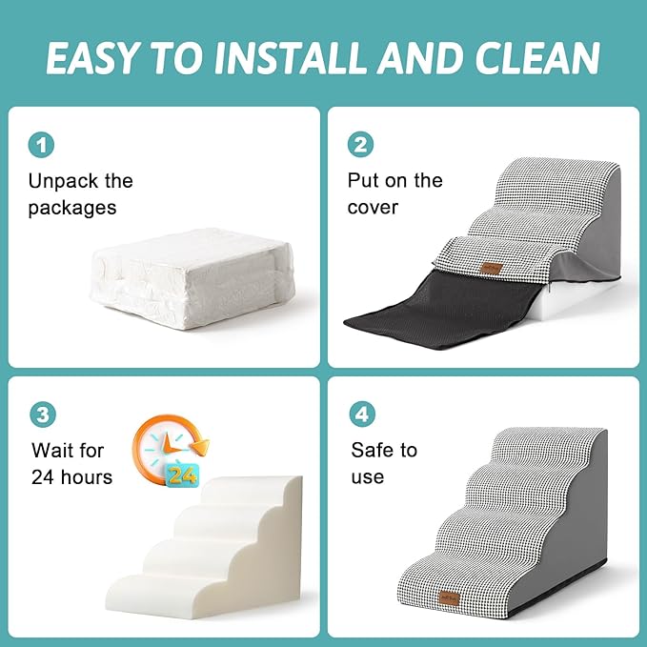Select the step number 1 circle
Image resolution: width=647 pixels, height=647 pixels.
[40, 145]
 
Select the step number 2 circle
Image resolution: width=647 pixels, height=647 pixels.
[360, 145]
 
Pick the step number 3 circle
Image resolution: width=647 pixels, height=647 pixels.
[40, 414]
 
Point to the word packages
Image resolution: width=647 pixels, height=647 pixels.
[71, 207]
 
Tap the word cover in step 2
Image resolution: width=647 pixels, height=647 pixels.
[373, 207]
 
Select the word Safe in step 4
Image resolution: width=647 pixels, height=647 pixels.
[371, 450]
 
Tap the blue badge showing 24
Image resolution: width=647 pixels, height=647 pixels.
[182, 473]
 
